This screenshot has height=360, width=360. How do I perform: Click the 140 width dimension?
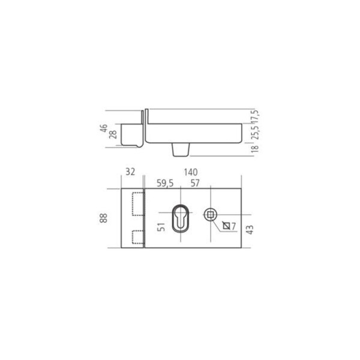191,172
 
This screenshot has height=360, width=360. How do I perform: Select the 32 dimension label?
130,172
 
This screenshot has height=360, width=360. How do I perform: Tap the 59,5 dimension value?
165,184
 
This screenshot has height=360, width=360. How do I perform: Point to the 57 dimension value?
195,183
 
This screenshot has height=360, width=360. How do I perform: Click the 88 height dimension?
104,218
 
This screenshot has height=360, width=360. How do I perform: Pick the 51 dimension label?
161,227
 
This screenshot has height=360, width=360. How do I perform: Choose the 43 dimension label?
250,230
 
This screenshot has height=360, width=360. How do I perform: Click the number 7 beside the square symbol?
233,226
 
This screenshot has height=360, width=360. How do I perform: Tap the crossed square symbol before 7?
226,226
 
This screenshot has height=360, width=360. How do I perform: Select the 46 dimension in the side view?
104,128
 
